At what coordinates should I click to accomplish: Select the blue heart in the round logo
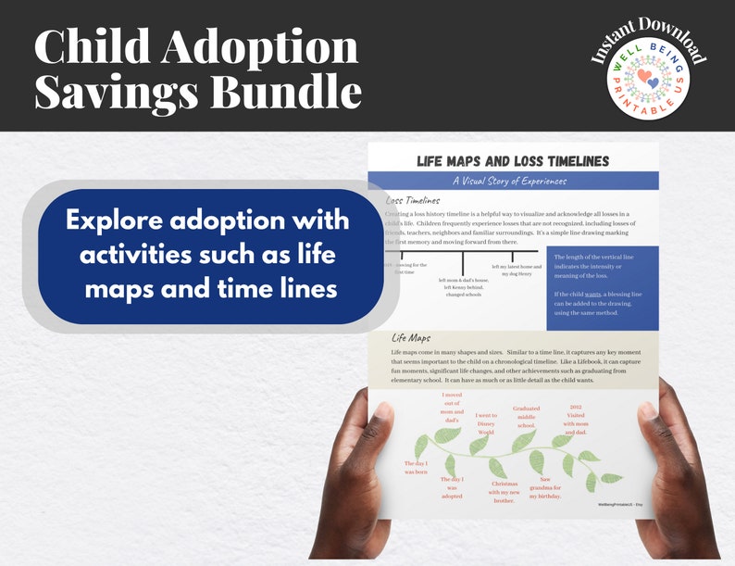[x=654, y=83]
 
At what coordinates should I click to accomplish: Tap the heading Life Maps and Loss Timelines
[x=513, y=161]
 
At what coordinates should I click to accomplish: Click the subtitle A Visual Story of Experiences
[x=512, y=182]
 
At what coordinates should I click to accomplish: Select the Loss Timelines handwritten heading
[x=413, y=200]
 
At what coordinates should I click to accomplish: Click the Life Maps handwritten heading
[x=411, y=338]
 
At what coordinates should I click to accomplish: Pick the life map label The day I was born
[x=416, y=467]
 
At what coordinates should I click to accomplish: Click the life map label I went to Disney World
[x=486, y=423]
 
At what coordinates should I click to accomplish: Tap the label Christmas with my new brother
[x=505, y=491]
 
